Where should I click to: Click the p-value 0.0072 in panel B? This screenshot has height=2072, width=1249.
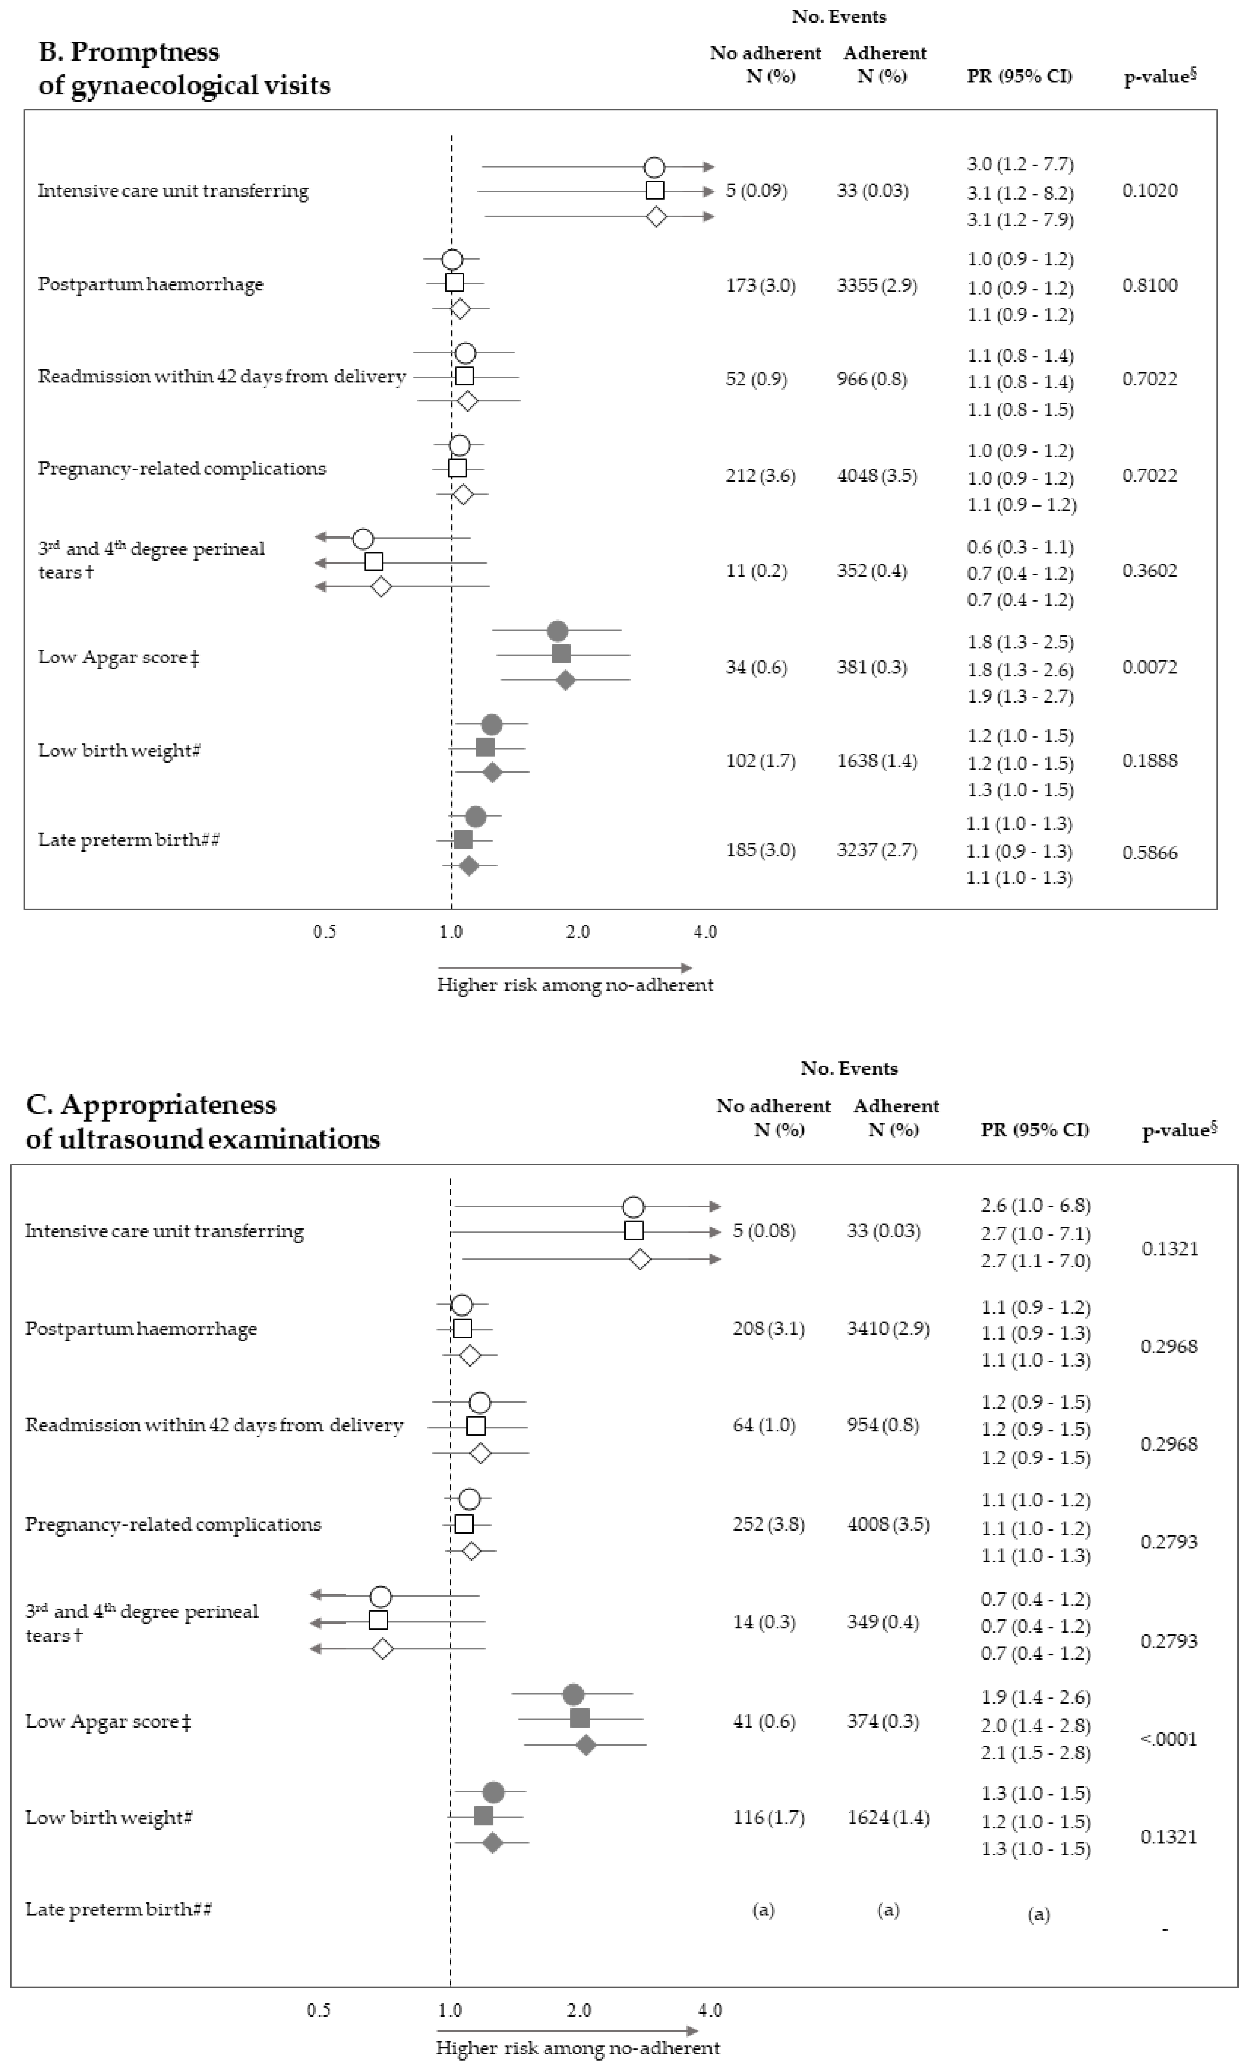point(1150,668)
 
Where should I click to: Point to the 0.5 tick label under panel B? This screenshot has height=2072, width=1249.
point(325,932)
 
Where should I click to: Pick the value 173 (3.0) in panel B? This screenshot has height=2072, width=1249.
point(760,285)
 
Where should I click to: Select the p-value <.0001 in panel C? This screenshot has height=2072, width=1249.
point(1168,1739)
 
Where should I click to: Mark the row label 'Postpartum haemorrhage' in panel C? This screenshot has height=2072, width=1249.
point(141,1329)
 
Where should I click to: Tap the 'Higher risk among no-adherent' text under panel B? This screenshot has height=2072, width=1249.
point(574,985)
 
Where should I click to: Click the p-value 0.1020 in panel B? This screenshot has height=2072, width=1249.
point(1150,190)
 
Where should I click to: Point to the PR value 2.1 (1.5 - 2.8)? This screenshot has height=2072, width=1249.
point(1035,1753)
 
